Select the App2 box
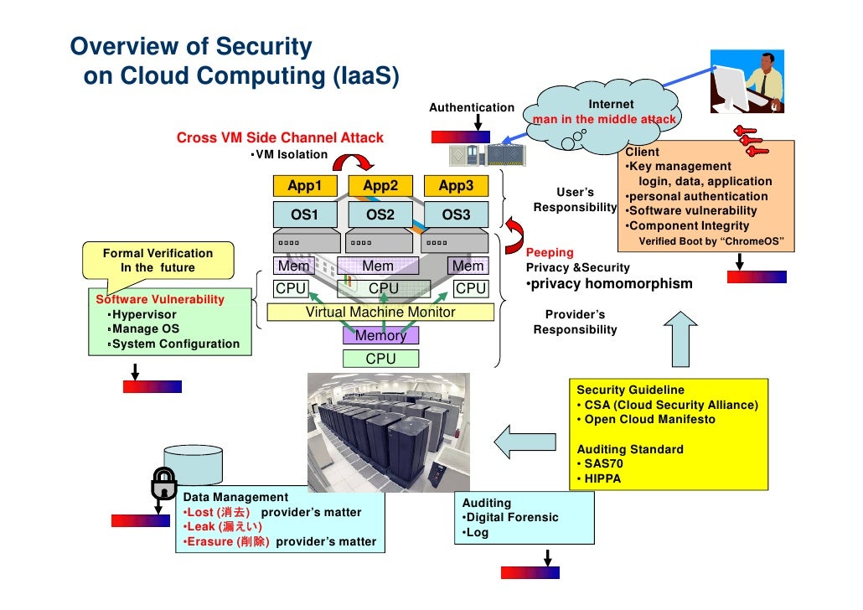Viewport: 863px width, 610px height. pos(380,186)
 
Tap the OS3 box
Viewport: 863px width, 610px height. pos(456,215)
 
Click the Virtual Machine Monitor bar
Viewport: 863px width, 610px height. pos(380,313)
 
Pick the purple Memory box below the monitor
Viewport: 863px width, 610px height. pos(380,336)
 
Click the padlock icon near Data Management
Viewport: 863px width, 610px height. pos(162,483)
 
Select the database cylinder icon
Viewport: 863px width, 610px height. pos(194,463)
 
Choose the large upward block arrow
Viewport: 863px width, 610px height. pos(680,340)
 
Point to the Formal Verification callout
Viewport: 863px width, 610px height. pos(158,261)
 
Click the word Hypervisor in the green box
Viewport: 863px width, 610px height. pos(145,314)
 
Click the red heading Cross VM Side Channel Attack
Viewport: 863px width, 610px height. pos(280,137)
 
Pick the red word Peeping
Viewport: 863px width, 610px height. pos(550,252)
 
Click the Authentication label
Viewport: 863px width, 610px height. pos(472,107)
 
